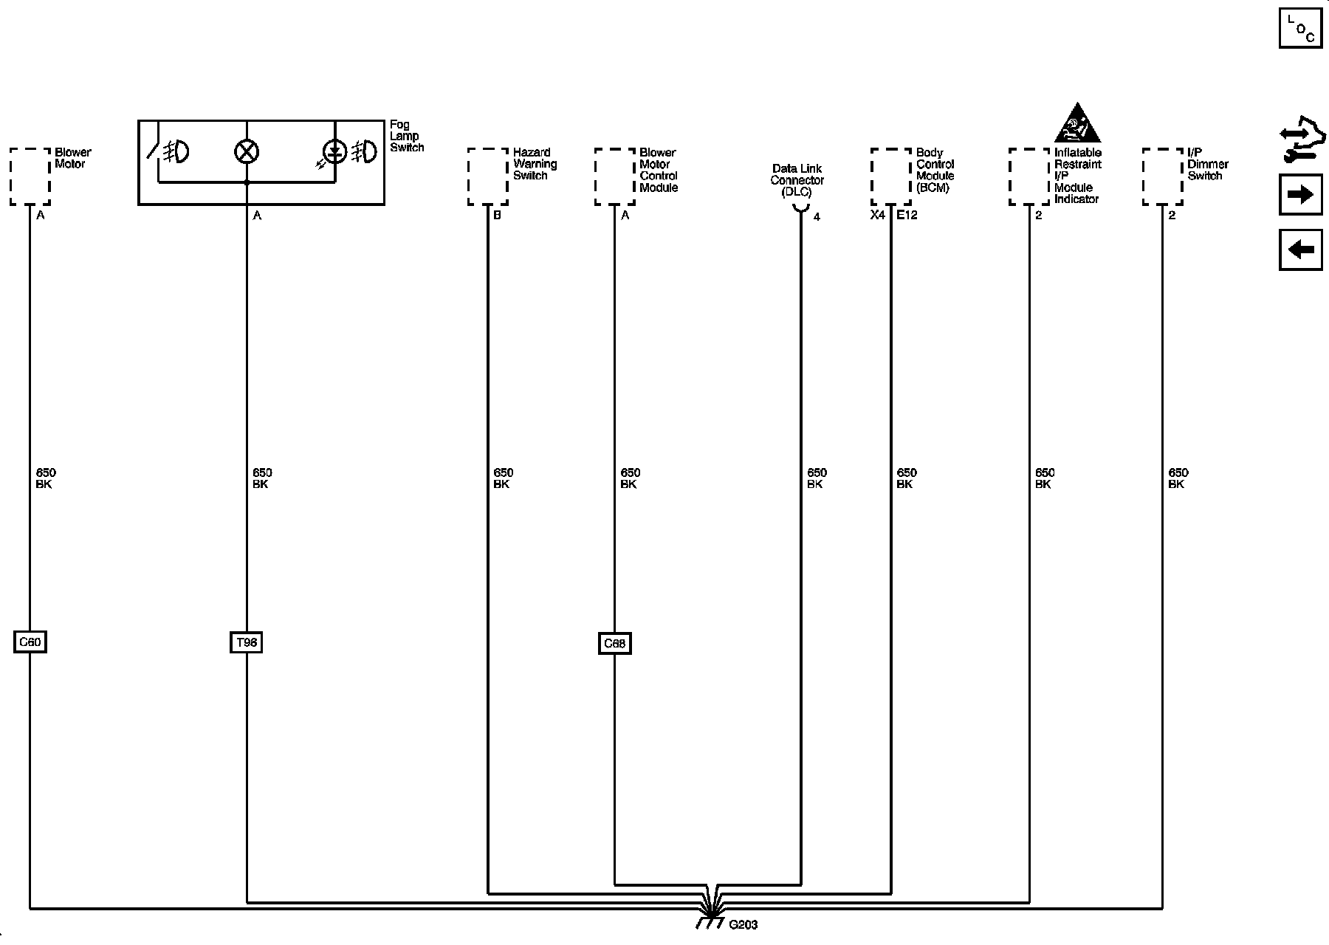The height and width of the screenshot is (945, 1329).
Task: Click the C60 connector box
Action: coord(30,642)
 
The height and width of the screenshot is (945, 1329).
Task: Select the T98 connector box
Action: coord(246,642)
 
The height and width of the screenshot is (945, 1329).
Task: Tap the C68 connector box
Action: coord(614,644)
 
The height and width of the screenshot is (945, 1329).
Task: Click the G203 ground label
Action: coord(743,924)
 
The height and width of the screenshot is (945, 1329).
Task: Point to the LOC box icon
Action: coord(1301,28)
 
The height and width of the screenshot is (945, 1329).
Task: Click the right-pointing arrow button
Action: coord(1300,195)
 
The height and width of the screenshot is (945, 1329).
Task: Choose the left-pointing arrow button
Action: coord(1300,250)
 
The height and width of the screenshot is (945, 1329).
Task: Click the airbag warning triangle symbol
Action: coord(1077,124)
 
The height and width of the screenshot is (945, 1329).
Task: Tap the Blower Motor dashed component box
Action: coord(30,176)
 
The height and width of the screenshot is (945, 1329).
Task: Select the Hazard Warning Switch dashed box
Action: coord(488,176)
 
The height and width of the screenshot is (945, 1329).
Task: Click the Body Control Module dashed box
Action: coord(891,176)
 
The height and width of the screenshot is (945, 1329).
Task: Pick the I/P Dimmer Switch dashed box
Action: coord(1163,176)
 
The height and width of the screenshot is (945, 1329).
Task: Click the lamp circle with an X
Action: coord(246,152)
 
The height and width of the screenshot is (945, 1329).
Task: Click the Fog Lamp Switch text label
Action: coord(407,136)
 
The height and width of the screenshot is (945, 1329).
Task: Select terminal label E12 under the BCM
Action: coord(907,216)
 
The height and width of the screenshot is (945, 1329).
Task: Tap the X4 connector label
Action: coord(877,216)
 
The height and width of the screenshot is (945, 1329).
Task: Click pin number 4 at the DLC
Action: coord(817,217)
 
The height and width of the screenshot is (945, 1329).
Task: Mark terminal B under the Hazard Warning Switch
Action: coord(497,216)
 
